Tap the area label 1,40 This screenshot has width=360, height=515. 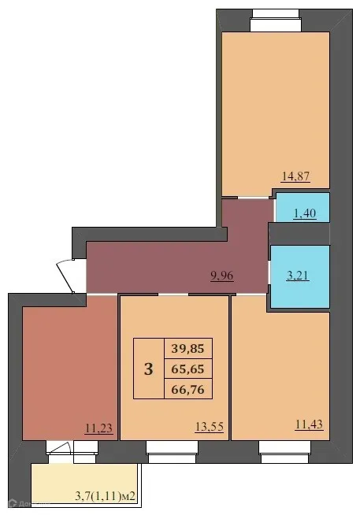click(304, 213)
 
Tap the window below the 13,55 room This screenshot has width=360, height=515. click(172, 448)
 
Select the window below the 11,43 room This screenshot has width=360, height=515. click(284, 448)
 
